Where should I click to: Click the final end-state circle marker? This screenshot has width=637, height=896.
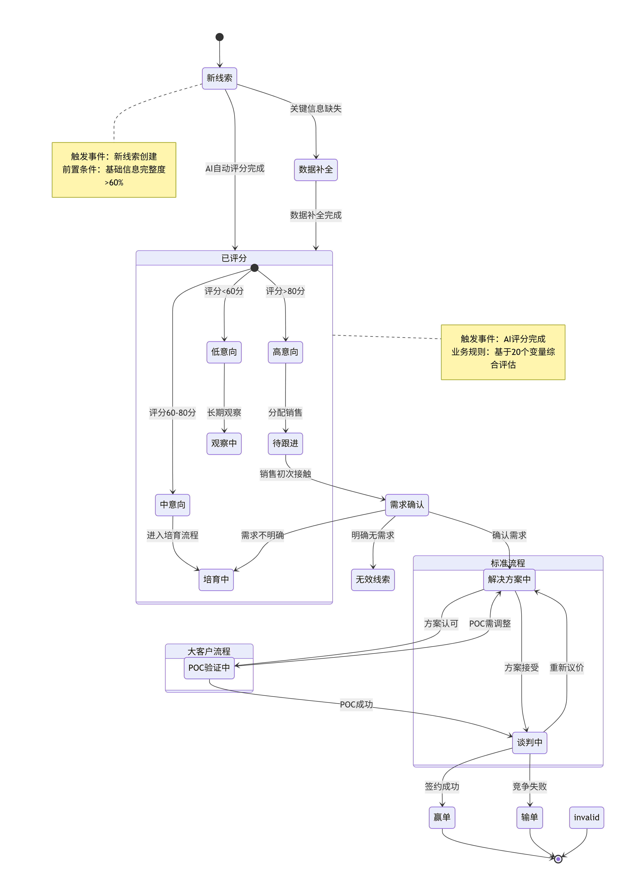click(558, 859)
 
